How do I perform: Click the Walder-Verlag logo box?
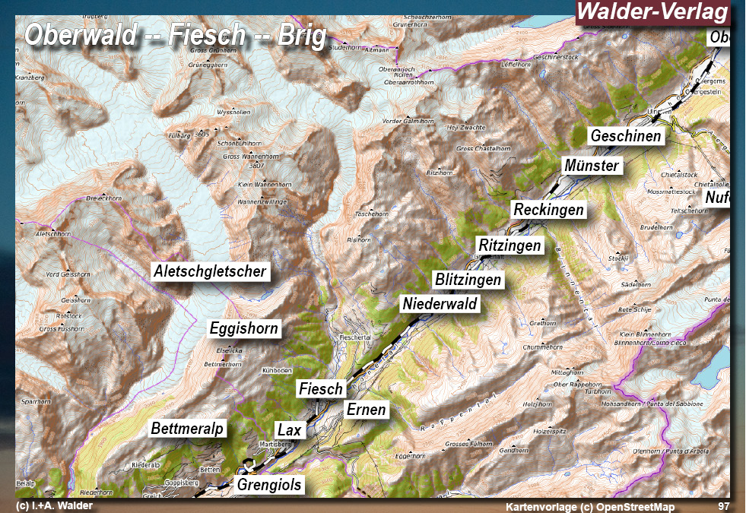[x=652, y=13]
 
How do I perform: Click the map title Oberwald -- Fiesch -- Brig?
[x=176, y=35]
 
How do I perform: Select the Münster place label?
[x=592, y=166]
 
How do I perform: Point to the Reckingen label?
[x=548, y=209]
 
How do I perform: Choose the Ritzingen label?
[x=510, y=245]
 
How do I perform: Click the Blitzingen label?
[x=468, y=280]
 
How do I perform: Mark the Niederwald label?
[x=440, y=304]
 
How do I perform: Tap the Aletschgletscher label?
[x=210, y=271]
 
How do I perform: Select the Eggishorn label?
[x=244, y=328]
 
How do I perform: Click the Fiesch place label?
[x=321, y=388]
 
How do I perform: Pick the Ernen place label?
[x=367, y=410]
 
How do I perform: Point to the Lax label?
[x=290, y=430]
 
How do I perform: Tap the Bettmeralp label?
[x=188, y=429]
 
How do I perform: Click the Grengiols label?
[x=269, y=484]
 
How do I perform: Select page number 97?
[x=723, y=506]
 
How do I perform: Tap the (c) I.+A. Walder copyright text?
[x=54, y=506]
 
